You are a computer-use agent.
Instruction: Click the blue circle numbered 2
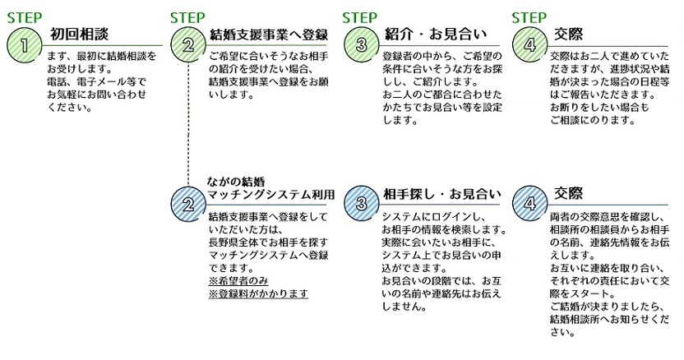pyautogui.click(x=187, y=202)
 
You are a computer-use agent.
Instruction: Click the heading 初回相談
pyautogui.click(x=78, y=34)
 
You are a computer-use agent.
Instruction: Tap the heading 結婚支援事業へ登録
pyautogui.click(x=269, y=34)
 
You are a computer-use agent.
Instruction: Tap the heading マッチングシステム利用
pyautogui.click(x=271, y=195)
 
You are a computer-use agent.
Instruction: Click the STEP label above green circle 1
pyautogui.click(x=24, y=15)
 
